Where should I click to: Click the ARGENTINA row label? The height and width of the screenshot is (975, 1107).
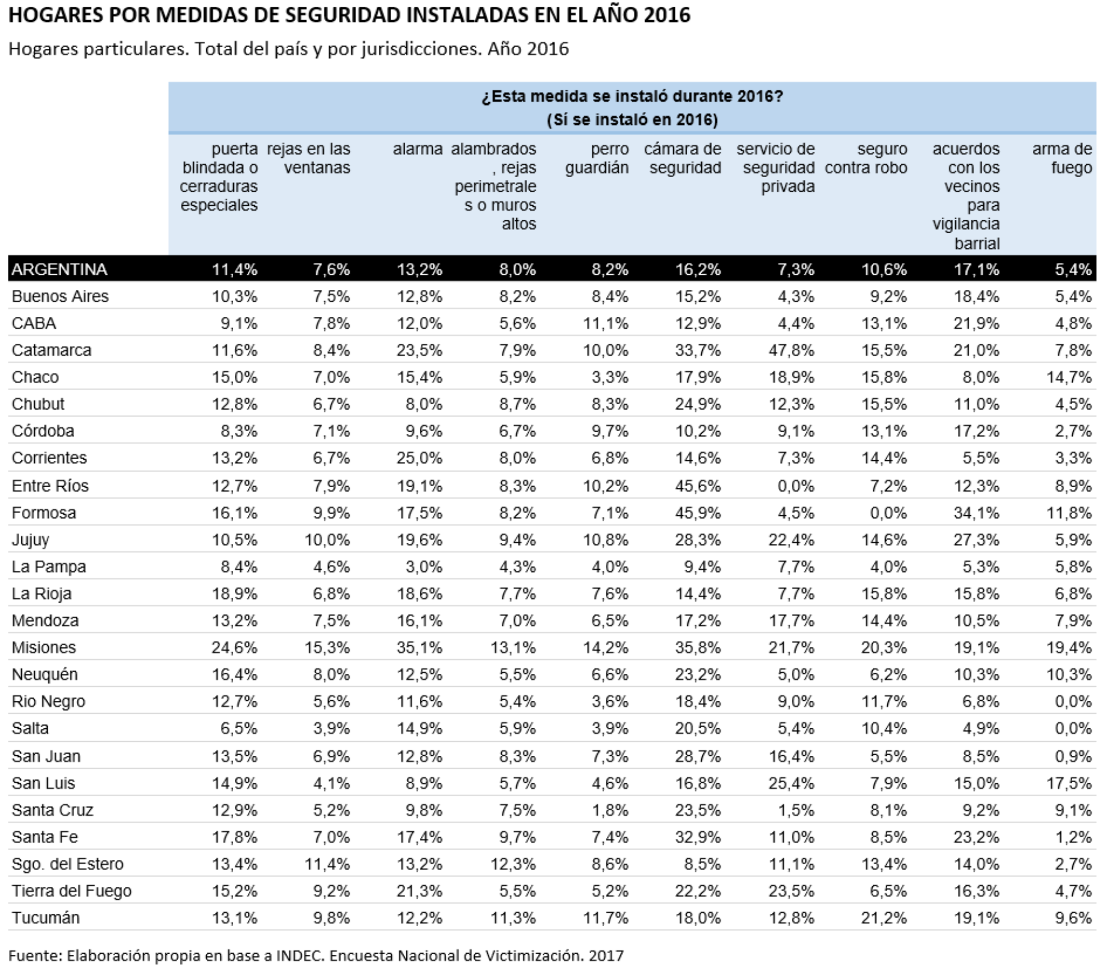(x=59, y=269)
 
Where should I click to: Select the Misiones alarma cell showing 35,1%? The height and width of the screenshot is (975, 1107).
(x=419, y=647)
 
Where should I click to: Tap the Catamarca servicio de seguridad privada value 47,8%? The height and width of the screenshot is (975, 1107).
(x=791, y=350)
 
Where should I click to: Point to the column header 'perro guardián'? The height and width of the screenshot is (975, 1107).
(x=597, y=158)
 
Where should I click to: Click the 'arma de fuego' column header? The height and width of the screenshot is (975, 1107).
(x=1062, y=158)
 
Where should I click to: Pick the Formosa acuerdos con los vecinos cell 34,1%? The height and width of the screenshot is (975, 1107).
(x=977, y=513)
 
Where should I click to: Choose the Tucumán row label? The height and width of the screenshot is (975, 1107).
(x=46, y=918)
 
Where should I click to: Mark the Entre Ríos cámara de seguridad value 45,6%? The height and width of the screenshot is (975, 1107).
(x=698, y=486)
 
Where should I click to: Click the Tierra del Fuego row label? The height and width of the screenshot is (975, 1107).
(x=71, y=891)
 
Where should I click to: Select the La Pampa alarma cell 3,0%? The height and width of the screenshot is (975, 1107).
(x=424, y=566)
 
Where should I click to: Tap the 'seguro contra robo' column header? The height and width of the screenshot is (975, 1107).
(x=866, y=158)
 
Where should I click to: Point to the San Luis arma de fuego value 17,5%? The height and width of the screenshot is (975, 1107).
(x=1069, y=783)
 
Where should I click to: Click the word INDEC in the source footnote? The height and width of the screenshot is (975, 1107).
(x=300, y=955)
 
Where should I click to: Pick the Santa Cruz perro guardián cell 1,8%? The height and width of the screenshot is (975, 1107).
(x=610, y=810)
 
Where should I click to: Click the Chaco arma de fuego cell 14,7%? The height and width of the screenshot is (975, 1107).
(x=1069, y=377)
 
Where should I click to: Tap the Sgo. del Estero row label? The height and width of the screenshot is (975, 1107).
(x=67, y=864)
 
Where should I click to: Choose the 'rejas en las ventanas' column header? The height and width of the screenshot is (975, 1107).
(x=308, y=158)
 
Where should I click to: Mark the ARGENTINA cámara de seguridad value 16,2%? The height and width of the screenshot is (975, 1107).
(x=698, y=269)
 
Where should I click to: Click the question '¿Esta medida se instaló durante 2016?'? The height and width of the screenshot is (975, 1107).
(x=632, y=96)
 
